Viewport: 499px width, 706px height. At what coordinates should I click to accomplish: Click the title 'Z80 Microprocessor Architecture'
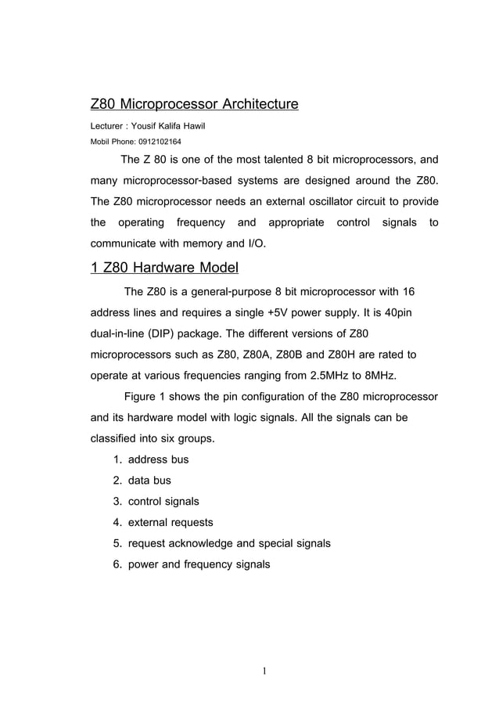click(x=195, y=104)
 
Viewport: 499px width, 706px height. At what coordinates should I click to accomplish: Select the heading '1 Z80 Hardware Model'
click(x=164, y=268)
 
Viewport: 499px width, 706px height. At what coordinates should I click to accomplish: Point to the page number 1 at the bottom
click(x=265, y=670)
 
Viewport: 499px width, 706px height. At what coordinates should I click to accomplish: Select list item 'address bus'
click(x=158, y=459)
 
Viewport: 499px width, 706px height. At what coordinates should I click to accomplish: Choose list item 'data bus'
click(x=149, y=481)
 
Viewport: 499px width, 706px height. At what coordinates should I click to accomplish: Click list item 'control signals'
click(x=163, y=501)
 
